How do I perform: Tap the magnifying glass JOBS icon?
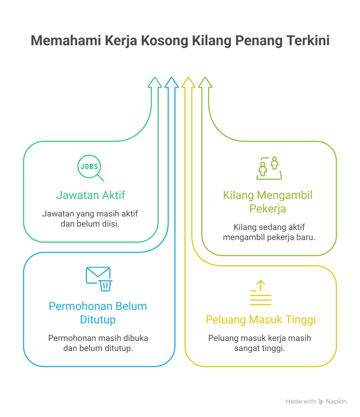[90, 168]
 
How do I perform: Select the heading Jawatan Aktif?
[90, 195]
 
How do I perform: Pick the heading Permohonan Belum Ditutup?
[98, 312]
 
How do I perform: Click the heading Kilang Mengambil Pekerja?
[268, 202]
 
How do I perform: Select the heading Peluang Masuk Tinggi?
[261, 320]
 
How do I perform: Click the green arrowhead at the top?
[155, 82]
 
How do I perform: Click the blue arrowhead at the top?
[171, 82]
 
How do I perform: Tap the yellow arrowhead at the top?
[189, 82]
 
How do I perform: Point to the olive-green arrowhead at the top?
[205, 82]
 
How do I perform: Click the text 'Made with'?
[301, 402]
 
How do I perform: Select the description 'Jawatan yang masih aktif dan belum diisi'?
[90, 219]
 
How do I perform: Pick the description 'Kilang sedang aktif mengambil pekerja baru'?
[269, 232]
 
